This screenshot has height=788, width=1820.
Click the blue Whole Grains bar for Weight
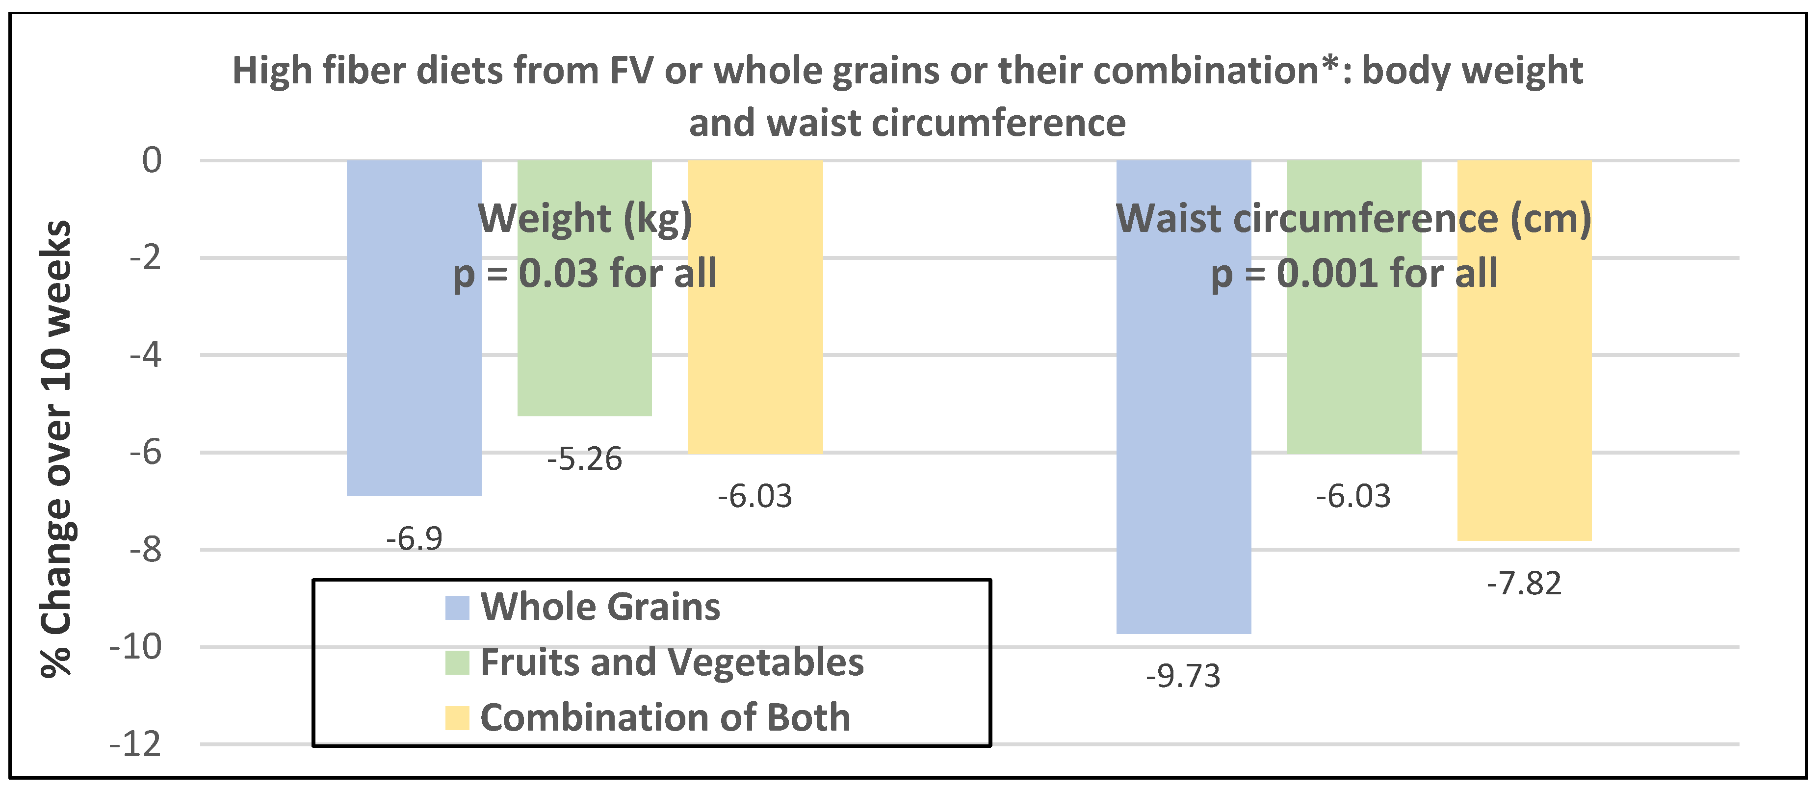point(414,367)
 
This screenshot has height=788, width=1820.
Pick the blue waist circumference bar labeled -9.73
point(1183,424)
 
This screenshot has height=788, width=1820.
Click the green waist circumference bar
point(1353,367)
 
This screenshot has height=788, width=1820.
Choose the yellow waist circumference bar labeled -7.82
point(1524,409)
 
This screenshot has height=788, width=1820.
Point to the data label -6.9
point(414,539)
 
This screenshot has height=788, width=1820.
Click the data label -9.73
point(1183,676)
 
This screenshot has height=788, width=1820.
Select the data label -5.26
point(584,459)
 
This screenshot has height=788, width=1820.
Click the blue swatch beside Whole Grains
point(457,607)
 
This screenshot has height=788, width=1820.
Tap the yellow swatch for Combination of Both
point(457,717)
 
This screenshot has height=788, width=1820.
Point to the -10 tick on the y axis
point(136,647)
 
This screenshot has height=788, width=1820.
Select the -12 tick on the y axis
point(136,744)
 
